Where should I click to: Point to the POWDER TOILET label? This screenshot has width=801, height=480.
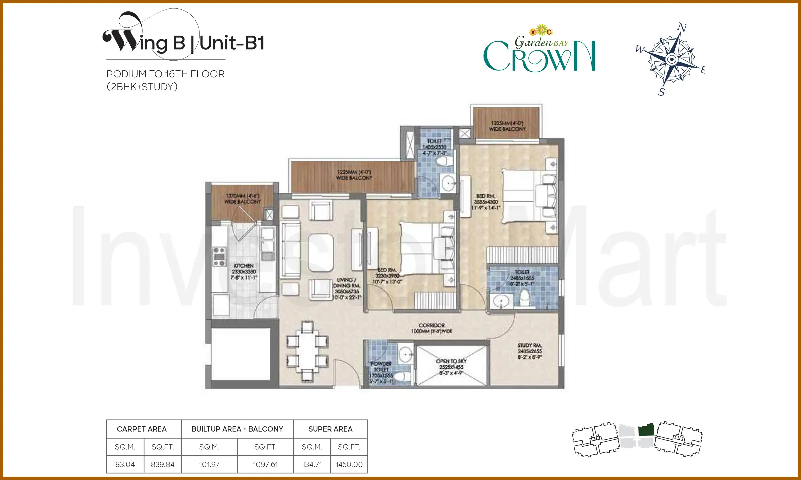pyautogui.click(x=381, y=367)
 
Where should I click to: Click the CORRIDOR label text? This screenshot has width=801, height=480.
pyautogui.click(x=432, y=325)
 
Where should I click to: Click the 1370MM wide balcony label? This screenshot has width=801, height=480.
pyautogui.click(x=243, y=199)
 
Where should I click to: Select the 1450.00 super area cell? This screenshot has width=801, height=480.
pyautogui.click(x=349, y=464)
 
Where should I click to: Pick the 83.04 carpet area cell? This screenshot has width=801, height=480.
pyautogui.click(x=125, y=464)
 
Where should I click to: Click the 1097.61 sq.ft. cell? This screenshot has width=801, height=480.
pyautogui.click(x=265, y=464)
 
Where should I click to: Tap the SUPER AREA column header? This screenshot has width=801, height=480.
pyautogui.click(x=330, y=429)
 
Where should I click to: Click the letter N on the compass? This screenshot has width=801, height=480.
pyautogui.click(x=682, y=27)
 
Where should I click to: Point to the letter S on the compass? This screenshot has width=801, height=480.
pyautogui.click(x=661, y=92)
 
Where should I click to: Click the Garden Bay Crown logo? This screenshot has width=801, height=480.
pyautogui.click(x=539, y=50)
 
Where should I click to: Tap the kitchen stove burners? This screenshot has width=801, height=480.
pyautogui.click(x=219, y=257)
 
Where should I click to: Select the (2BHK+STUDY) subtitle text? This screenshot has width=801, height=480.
pyautogui.click(x=142, y=87)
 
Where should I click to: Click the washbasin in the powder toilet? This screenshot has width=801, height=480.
pyautogui.click(x=406, y=353)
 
